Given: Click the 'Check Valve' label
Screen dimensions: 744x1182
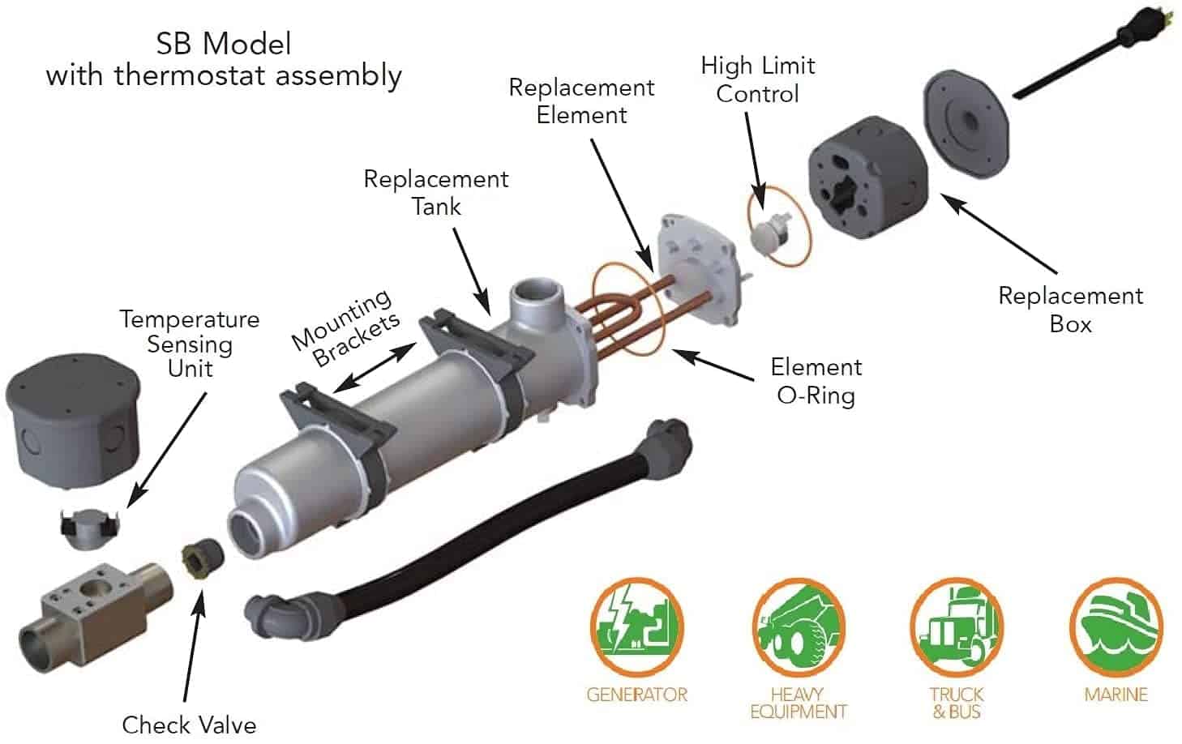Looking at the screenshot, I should click(189, 724).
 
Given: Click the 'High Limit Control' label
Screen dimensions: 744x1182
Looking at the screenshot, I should click(758, 79).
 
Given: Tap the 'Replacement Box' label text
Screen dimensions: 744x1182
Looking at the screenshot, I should click(1070, 310).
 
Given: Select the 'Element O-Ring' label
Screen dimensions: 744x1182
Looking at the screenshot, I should click(816, 381).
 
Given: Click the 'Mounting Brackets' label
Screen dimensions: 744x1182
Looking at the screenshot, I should click(346, 328).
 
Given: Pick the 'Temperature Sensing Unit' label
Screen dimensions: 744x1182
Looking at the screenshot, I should click(190, 344).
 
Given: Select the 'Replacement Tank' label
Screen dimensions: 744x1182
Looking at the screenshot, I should click(436, 192).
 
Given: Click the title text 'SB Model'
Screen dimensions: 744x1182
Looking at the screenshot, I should click(224, 43).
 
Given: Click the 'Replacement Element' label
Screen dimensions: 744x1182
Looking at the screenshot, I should click(581, 100).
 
